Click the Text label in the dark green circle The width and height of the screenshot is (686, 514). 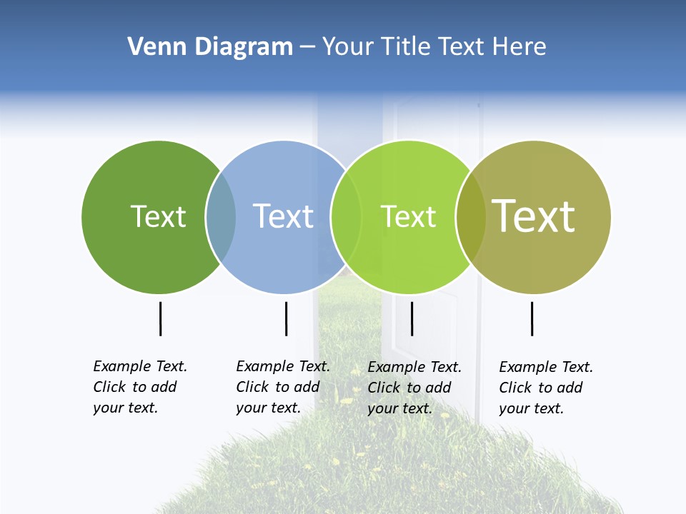click(x=158, y=216)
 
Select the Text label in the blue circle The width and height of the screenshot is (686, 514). click(x=284, y=216)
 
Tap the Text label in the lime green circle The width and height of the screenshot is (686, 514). click(x=408, y=216)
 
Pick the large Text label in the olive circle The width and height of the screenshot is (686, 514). click(x=533, y=216)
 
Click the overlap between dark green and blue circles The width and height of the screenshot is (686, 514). click(x=222, y=217)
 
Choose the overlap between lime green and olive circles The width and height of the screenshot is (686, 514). click(x=470, y=217)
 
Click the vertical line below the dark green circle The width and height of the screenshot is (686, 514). click(x=161, y=318)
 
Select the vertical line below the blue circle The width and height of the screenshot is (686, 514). click(x=286, y=318)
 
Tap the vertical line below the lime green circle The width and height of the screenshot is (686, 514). click(x=412, y=318)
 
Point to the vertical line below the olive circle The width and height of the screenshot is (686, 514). click(x=532, y=318)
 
